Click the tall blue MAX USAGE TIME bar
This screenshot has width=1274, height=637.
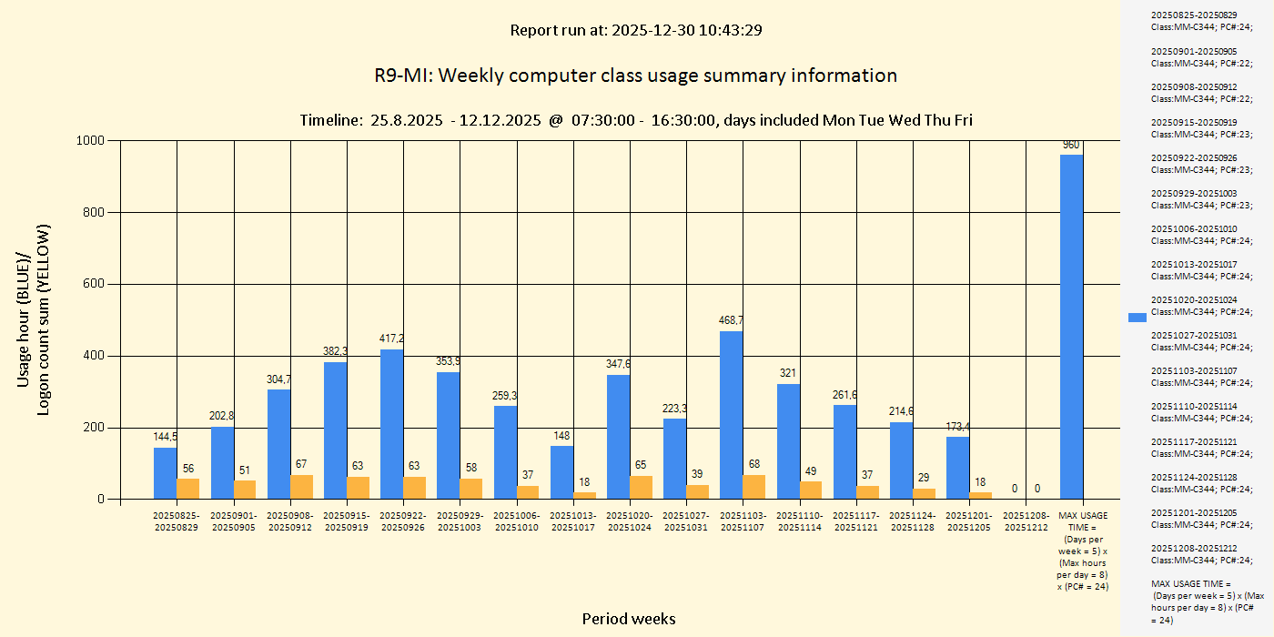1071,328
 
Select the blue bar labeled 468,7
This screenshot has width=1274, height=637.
731,415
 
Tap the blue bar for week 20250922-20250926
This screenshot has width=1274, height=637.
391,424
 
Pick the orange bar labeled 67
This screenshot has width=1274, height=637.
301,487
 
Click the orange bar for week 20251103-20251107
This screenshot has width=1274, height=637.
753,487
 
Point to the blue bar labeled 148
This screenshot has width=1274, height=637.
561,472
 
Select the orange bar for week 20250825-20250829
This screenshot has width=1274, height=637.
187,489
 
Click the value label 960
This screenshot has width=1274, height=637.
1071,145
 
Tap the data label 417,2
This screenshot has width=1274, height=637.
391,339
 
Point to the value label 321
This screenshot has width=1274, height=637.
788,373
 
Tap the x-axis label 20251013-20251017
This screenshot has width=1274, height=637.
573,521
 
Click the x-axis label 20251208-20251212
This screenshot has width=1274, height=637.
1026,521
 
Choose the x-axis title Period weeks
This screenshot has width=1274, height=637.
629,619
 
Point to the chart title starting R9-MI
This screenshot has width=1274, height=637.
635,76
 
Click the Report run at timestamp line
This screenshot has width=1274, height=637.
635,30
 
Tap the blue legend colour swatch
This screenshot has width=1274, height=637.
1137,317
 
